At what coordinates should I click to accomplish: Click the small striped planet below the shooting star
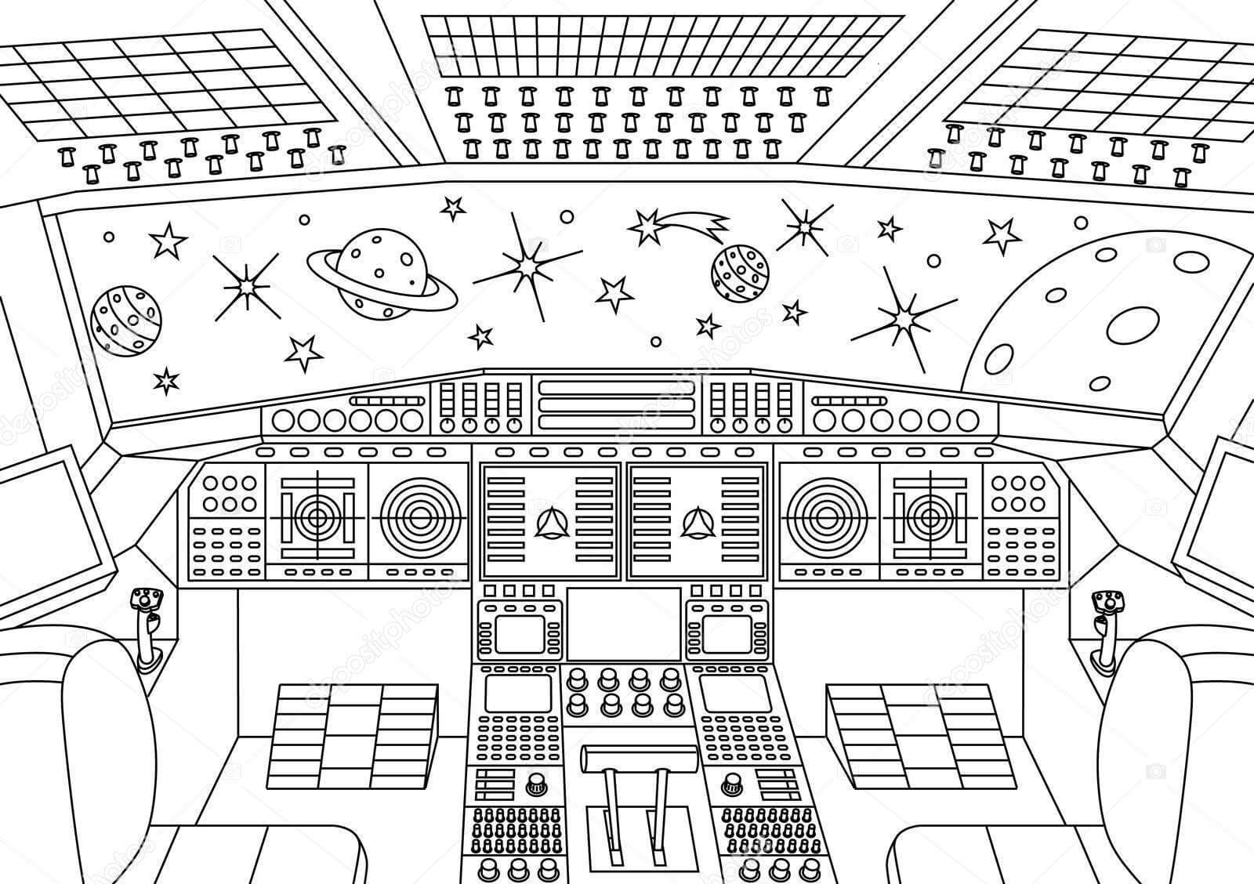[740, 272]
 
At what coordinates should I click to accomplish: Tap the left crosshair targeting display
[317, 516]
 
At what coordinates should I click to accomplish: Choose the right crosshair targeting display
[931, 516]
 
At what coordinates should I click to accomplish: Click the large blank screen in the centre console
[624, 623]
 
